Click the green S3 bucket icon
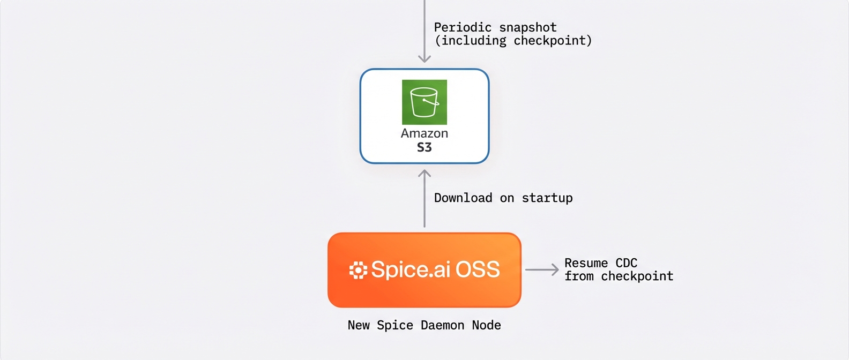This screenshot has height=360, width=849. (x=424, y=102)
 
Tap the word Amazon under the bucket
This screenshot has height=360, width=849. (x=424, y=133)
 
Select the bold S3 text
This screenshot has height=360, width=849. (x=424, y=147)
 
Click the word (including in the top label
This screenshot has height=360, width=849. (x=470, y=41)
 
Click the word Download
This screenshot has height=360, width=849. (x=463, y=198)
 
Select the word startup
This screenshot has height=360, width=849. (x=547, y=198)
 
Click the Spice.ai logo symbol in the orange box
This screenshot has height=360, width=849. (x=358, y=270)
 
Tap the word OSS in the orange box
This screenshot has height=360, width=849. (x=478, y=269)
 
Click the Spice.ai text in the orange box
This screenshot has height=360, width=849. (x=411, y=269)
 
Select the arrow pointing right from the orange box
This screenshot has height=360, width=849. (x=542, y=270)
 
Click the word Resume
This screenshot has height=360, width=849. (x=586, y=263)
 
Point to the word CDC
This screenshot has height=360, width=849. (x=626, y=263)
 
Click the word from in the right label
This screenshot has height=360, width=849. (x=579, y=276)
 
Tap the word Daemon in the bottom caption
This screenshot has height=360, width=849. (x=442, y=325)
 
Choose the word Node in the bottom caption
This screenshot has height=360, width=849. (x=486, y=325)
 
